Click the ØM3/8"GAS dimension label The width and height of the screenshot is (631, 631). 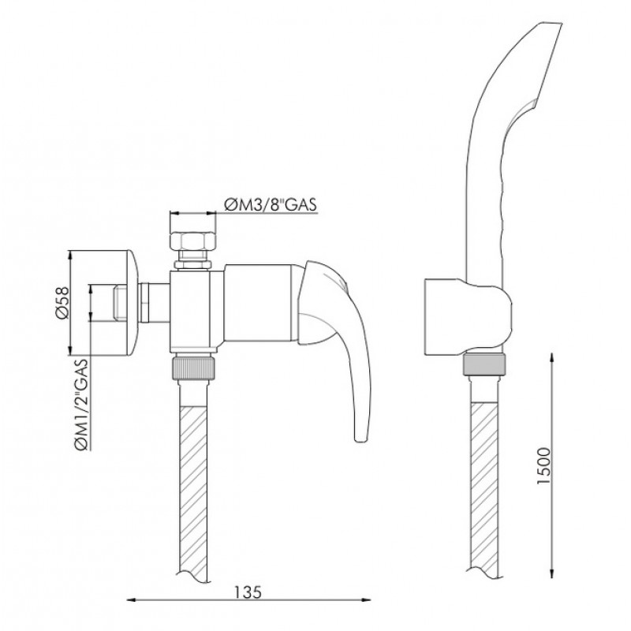click(x=271, y=204)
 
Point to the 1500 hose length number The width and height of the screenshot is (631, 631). click(x=543, y=466)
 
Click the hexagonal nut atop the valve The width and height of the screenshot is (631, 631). click(x=192, y=241)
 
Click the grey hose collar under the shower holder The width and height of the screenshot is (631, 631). click(x=484, y=364)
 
